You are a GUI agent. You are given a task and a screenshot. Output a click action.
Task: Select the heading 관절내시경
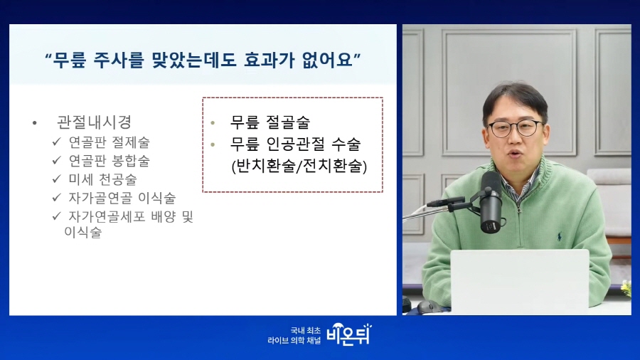pos(94,122)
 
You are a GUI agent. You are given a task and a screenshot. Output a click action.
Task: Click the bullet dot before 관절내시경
pos(35,123)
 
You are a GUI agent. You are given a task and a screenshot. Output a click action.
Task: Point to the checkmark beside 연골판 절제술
pos(57,142)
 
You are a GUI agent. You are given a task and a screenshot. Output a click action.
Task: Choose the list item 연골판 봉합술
pos(109,160)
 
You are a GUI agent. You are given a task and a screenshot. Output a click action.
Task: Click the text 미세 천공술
pos(102,179)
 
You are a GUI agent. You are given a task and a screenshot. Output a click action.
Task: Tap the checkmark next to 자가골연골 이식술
pos(57,198)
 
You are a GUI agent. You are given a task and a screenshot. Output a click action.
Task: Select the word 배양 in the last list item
pos(164,216)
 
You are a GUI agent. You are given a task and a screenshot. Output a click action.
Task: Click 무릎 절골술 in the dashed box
pos(270,122)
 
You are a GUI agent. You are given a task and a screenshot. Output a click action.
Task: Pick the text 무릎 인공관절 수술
pos(296,144)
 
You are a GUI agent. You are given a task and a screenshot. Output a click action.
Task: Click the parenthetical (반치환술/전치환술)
pos(299,166)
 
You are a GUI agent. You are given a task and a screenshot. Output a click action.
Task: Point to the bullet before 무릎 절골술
pos(213,122)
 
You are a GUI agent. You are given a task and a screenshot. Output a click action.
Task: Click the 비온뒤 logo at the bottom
pos(349,334)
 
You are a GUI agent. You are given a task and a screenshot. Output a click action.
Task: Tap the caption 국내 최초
pos(306,330)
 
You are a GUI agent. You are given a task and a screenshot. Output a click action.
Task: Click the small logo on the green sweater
pos(559,236)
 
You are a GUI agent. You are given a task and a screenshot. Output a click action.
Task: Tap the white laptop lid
pos(520,282)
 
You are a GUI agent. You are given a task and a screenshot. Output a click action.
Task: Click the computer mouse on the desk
pos(430,306)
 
